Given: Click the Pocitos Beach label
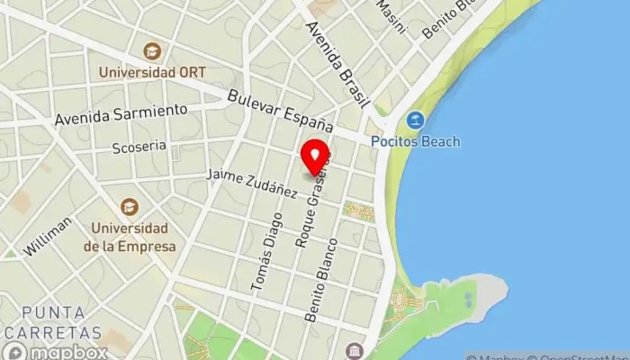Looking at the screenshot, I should [x=416, y=141].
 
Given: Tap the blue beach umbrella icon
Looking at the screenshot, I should [x=415, y=120].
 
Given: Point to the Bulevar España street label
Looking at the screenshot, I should [x=281, y=111].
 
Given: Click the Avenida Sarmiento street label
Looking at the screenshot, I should [x=121, y=114].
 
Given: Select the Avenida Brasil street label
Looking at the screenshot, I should [x=338, y=65].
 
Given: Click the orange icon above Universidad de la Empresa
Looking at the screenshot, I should [x=130, y=207].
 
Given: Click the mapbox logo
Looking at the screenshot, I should [x=55, y=351].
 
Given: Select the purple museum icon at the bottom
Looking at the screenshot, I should [x=351, y=349].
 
